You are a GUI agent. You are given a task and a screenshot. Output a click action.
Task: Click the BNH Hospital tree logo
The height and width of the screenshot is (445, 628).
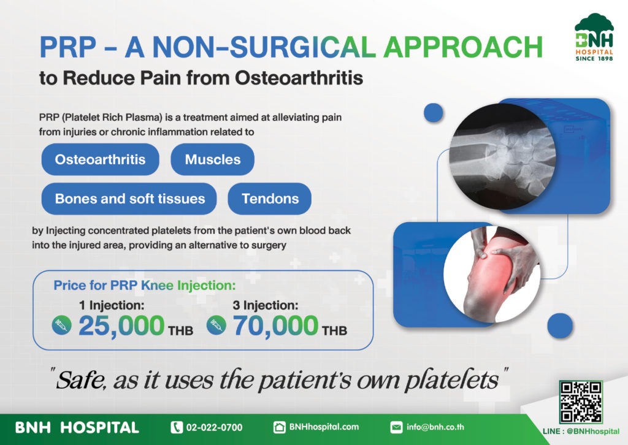pos(594,37)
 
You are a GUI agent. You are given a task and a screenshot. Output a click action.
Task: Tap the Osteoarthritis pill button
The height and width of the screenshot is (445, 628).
pos(100,159)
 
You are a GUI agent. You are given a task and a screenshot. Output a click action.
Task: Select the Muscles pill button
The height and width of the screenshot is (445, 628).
pos(213,159)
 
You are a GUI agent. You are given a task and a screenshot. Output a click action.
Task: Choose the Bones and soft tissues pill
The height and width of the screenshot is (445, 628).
pos(129,199)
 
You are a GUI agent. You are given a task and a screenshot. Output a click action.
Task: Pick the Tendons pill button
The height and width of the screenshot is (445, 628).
pos(270,199)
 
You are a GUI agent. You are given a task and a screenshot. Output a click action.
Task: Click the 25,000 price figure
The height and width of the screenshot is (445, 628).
pos(121,325)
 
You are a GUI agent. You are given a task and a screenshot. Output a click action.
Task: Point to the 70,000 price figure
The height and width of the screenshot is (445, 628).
pos(275,325)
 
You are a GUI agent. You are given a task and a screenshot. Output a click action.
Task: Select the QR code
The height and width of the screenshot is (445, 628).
pos(581,401)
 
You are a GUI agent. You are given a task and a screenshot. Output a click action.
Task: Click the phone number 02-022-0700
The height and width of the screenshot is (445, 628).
pos(214,427)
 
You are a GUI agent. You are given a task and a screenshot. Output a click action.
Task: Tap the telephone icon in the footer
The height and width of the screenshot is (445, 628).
pos(177,427)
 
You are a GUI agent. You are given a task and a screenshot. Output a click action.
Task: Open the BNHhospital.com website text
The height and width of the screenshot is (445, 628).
pos(324,427)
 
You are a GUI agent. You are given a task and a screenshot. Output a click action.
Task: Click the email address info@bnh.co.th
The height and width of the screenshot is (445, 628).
pos(435,427)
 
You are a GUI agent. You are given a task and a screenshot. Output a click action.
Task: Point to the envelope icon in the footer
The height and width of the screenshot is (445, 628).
pos(396,427)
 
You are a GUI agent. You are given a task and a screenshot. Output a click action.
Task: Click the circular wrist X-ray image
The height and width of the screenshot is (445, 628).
pos(502,156)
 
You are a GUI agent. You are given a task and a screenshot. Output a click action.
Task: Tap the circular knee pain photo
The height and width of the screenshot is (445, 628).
pos(492,274)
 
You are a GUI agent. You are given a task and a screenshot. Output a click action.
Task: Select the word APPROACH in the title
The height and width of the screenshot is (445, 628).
pos(463,47)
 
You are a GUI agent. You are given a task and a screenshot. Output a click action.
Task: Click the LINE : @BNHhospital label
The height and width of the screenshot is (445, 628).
pos(581,432)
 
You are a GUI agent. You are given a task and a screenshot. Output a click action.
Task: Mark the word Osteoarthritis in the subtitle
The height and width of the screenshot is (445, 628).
pos(299,78)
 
